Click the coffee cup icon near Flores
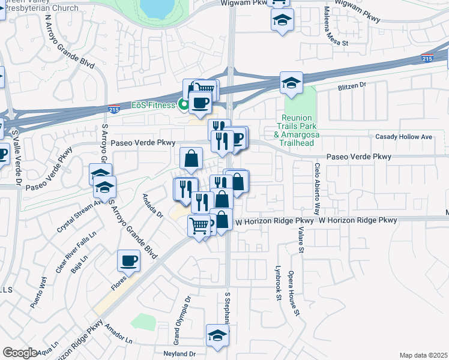129,260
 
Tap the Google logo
20,352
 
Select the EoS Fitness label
153,106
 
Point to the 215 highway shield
427,58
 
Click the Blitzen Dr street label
352,86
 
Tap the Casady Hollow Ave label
403,137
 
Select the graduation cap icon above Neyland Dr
217,336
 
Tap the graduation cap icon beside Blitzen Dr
291,83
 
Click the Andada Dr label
152,206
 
